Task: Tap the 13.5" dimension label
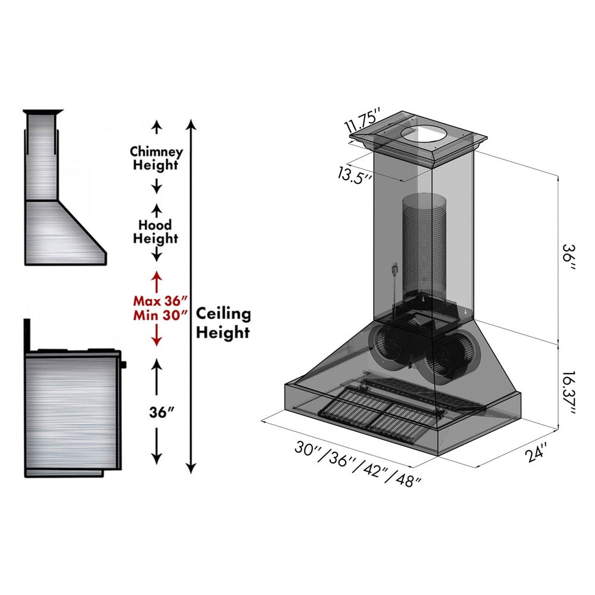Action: [355, 175]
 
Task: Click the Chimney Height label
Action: [156, 159]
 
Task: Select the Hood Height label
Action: [155, 232]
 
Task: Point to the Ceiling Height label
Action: [223, 323]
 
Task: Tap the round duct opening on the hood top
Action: [423, 136]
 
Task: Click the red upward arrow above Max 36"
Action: [156, 281]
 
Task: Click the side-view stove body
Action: [71, 411]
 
